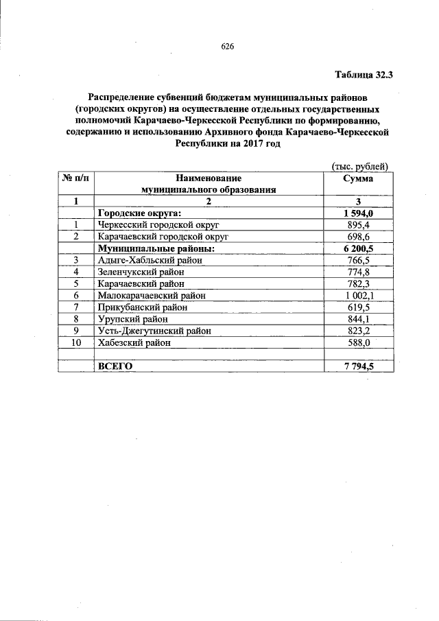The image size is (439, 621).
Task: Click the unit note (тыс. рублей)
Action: [x=359, y=166]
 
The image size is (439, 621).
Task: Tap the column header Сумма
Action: [x=358, y=178]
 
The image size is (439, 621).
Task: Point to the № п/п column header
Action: [x=75, y=178]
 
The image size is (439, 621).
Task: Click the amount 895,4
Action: [x=358, y=224]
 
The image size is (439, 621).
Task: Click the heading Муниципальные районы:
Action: [x=156, y=248]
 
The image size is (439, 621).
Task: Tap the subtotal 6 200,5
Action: [x=358, y=248]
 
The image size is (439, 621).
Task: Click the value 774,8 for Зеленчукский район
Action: [x=358, y=272]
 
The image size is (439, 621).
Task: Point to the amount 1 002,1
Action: [x=358, y=296]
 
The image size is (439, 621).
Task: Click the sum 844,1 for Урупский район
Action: [x=358, y=319]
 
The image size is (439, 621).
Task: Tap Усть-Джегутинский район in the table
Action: [x=154, y=331]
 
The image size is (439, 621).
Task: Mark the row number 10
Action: [x=75, y=342]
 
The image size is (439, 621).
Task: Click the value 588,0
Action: [x=358, y=342]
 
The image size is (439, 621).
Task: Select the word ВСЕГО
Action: [x=115, y=366]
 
